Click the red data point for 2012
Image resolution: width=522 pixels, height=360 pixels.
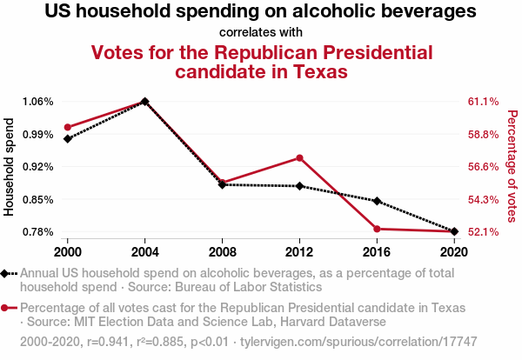pyautogui.click(x=299, y=157)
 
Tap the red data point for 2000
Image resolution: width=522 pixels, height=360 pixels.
pyautogui.click(x=67, y=127)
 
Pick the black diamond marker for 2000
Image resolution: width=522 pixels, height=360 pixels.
pyautogui.click(x=67, y=138)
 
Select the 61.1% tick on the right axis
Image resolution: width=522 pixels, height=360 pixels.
pyautogui.click(x=483, y=102)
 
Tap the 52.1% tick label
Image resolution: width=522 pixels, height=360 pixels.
pyautogui.click(x=483, y=231)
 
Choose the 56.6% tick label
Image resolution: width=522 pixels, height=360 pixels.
pyautogui.click(x=483, y=166)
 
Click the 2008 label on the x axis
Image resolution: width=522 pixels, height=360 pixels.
pyautogui.click(x=222, y=251)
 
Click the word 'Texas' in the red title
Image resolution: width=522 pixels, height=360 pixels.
pyautogui.click(x=310, y=71)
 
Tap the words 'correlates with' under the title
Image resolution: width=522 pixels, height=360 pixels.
pyautogui.click(x=260, y=32)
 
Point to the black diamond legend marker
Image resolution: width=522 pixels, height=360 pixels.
pyautogui.click(x=7, y=273)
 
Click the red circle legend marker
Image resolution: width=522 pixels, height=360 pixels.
pyautogui.click(x=7, y=309)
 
